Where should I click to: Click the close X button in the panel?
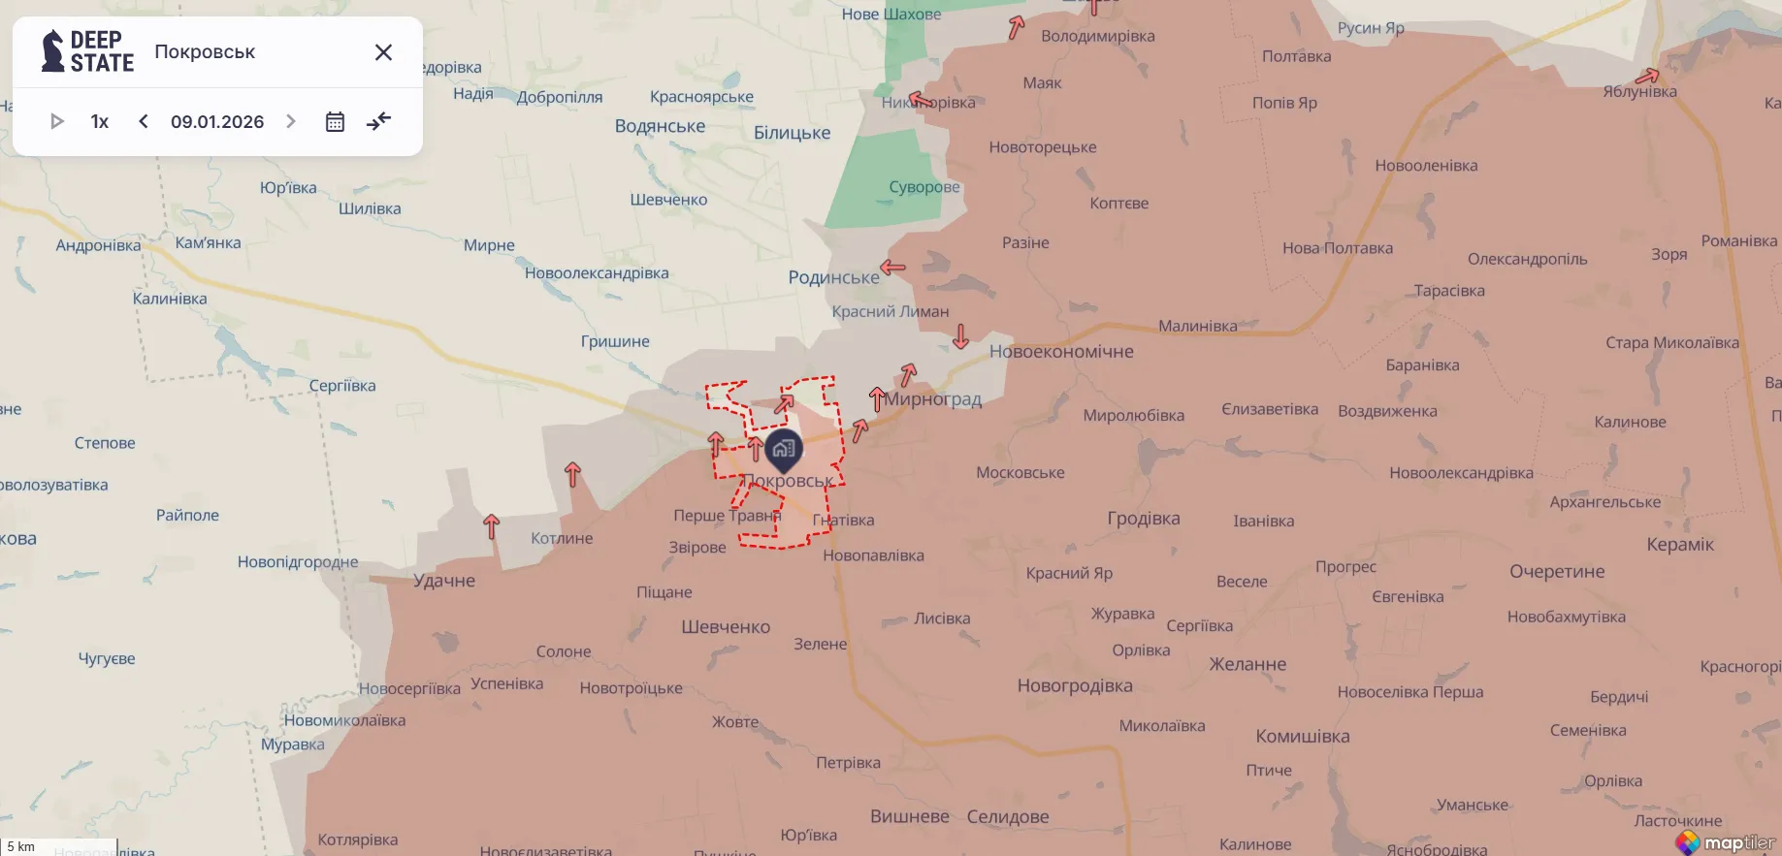pyautogui.click(x=383, y=52)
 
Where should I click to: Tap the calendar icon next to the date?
pyautogui.click(x=335, y=122)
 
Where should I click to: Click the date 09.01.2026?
pyautogui.click(x=217, y=122)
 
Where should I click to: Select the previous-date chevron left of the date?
pyautogui.click(x=144, y=121)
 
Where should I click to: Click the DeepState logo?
pyautogui.click(x=87, y=51)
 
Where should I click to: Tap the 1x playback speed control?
pyautogui.click(x=99, y=122)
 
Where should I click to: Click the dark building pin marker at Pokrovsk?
pyautogui.click(x=783, y=449)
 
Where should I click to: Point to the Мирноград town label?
pyautogui.click(x=932, y=399)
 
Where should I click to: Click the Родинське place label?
pyautogui.click(x=833, y=278)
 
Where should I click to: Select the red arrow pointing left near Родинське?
pyautogui.click(x=892, y=267)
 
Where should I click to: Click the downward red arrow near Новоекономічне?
pyautogui.click(x=960, y=336)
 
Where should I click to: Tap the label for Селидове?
pyautogui.click(x=1007, y=817)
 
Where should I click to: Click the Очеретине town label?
pyautogui.click(x=1556, y=572)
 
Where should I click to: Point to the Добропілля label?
pyautogui.click(x=559, y=97)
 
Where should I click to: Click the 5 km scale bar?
pyautogui.click(x=58, y=846)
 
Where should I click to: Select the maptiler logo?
pyautogui.click(x=1727, y=842)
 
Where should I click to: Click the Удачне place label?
pyautogui.click(x=444, y=581)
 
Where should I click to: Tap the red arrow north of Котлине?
pyautogui.click(x=572, y=475)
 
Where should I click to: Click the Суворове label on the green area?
pyautogui.click(x=923, y=187)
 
